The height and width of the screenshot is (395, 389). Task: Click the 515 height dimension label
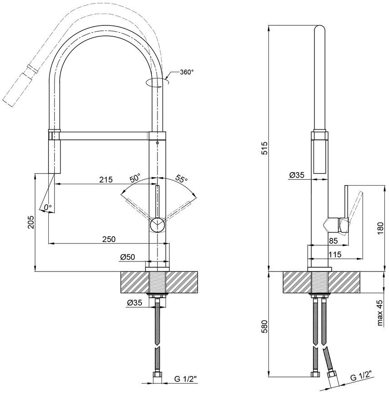[x=264, y=148]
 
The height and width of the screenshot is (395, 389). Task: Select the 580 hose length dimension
[x=264, y=326]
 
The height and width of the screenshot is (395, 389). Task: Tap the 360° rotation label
[x=187, y=72]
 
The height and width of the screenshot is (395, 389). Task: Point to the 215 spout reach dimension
[x=106, y=180]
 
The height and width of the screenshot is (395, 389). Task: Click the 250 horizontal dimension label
[x=109, y=239]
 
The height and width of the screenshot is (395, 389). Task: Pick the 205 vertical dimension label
[x=31, y=222]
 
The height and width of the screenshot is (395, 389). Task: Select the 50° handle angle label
[x=135, y=178]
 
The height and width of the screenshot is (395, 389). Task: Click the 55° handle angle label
[x=182, y=179]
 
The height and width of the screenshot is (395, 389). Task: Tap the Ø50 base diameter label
[x=127, y=257]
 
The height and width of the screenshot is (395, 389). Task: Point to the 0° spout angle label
[x=47, y=207]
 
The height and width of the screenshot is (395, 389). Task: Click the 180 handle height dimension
[x=380, y=228]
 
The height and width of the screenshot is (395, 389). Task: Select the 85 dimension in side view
[x=333, y=241]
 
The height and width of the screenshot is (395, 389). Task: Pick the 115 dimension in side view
[x=335, y=255]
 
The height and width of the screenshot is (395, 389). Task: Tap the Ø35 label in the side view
[x=297, y=175]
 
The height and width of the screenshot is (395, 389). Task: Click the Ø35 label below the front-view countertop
[x=135, y=302]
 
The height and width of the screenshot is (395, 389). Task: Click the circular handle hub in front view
[x=157, y=224]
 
